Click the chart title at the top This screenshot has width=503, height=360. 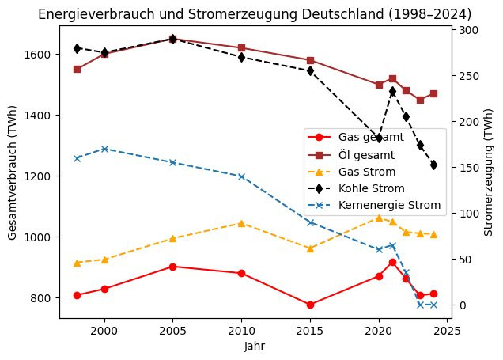[255, 15]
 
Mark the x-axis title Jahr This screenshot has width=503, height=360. [255, 346]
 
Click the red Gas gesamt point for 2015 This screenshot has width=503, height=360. [310, 305]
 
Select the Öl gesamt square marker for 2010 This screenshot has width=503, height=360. [241, 48]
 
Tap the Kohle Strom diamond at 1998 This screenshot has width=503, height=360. [77, 48]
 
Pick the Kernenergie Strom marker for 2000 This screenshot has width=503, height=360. [104, 149]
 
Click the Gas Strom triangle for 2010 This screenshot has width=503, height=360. [241, 223]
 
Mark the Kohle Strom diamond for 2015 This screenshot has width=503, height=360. [310, 70]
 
